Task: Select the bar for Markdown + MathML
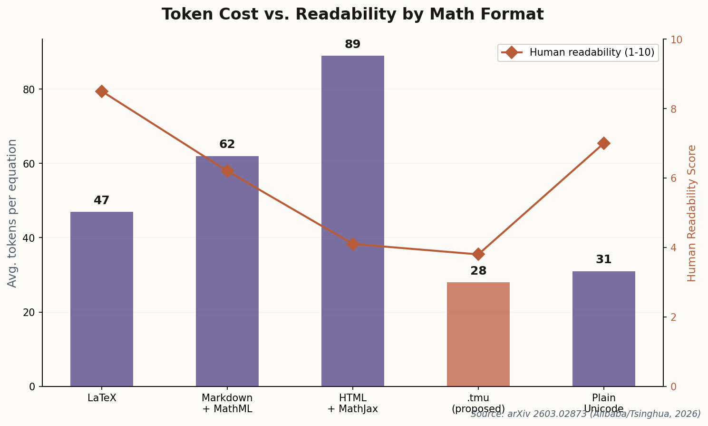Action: coord(227,271)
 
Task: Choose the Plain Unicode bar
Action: coord(603,328)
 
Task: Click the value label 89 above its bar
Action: coord(352,45)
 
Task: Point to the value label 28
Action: coord(478,271)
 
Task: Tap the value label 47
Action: coord(102,201)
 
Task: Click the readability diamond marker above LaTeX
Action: coord(102,91)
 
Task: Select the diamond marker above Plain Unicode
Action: coord(603,143)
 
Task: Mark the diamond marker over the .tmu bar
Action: coord(478,254)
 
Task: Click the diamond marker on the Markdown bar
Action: coord(227,171)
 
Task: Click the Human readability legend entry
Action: coord(578,53)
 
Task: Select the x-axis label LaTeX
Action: coord(102,398)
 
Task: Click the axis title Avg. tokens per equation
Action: coord(12,213)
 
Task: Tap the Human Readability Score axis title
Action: coord(692,213)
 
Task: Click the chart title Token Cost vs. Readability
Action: coord(352,15)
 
